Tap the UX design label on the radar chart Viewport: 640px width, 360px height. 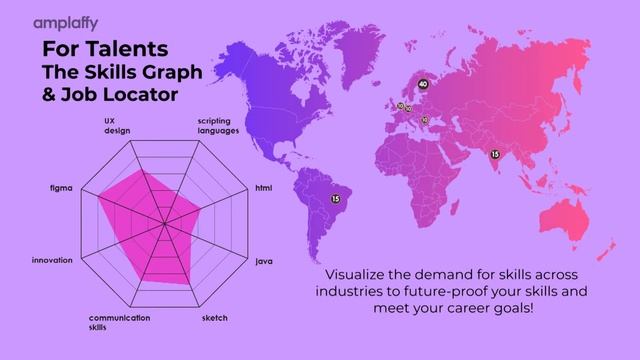tap(117, 126)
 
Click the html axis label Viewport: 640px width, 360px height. tap(263, 188)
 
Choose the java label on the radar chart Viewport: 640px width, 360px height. tap(264, 261)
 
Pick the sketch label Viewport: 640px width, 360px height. tap(215, 318)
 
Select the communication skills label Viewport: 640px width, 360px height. tap(119, 322)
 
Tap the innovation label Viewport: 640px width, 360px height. tap(51, 261)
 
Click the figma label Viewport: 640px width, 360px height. tap(61, 188)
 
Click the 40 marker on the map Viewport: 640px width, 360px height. tap(423, 84)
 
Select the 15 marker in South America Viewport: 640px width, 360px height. tap(336, 199)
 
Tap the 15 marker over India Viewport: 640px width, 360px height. tap(494, 154)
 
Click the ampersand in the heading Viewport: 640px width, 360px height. tap(49, 95)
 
